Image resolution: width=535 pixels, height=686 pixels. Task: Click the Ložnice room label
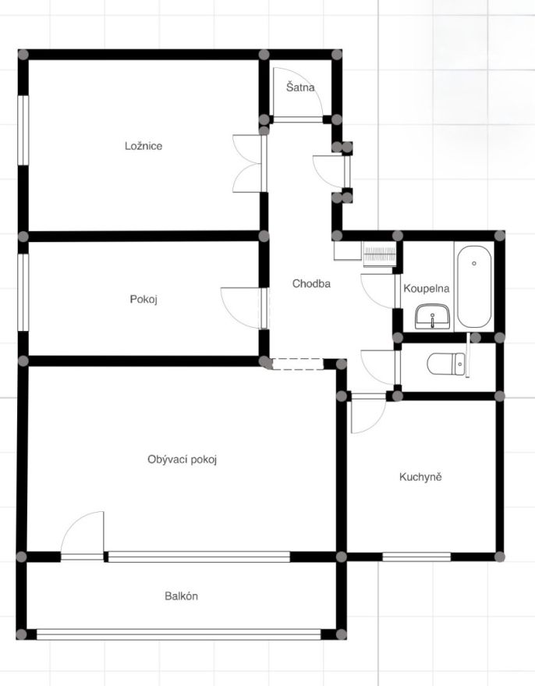(143, 146)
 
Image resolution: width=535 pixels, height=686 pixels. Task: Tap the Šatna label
(300, 87)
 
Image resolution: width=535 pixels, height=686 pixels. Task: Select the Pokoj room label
(143, 300)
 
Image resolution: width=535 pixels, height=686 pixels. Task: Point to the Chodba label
(311, 283)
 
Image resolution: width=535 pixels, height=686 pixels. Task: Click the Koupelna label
(426, 289)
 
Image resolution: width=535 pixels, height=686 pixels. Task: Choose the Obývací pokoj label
(182, 460)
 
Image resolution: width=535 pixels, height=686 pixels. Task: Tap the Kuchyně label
(420, 476)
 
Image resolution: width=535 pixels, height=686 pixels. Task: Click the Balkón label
(182, 596)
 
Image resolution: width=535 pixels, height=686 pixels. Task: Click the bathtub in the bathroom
(474, 286)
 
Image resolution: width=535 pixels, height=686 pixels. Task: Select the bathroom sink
(432, 316)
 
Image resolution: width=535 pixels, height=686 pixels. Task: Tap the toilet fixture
(446, 364)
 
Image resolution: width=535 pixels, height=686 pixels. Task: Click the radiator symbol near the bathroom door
(380, 254)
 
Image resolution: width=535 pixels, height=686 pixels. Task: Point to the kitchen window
(416, 557)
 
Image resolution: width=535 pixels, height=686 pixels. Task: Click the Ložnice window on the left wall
(23, 130)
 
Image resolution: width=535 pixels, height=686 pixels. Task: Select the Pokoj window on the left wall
(23, 293)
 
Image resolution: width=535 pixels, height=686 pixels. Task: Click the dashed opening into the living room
(298, 364)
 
